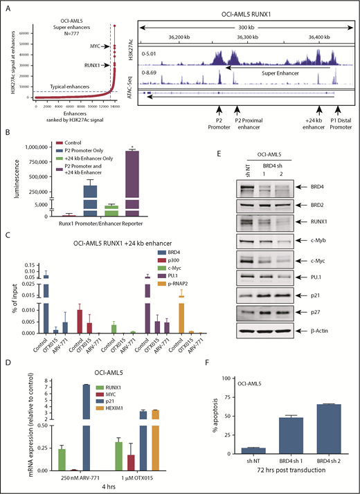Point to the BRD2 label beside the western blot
point(343,205)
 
